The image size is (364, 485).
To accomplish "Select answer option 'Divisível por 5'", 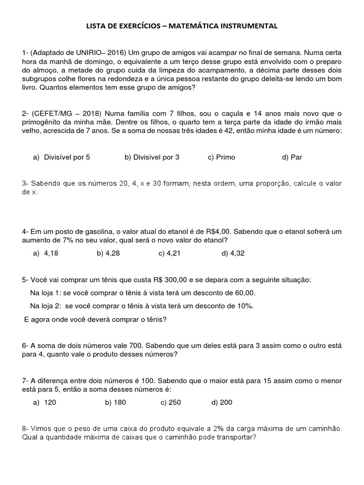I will pyautogui.click(x=67, y=157).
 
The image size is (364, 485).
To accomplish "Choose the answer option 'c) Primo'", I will pyautogui.click(x=221, y=157).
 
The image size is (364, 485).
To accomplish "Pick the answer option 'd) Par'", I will pyautogui.click(x=292, y=157).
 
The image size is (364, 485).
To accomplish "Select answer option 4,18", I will pyautogui.click(x=51, y=253).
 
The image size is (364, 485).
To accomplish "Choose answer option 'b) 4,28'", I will pyautogui.click(x=108, y=253).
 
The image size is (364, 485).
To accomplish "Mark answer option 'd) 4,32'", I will pyautogui.click(x=233, y=253).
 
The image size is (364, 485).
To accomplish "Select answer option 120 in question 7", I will pyautogui.click(x=50, y=403).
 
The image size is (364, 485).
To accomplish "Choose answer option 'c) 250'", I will pyautogui.click(x=171, y=403).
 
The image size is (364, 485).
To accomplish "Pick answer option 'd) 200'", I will pyautogui.click(x=222, y=403).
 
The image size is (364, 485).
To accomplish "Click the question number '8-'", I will pyautogui.click(x=26, y=429).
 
